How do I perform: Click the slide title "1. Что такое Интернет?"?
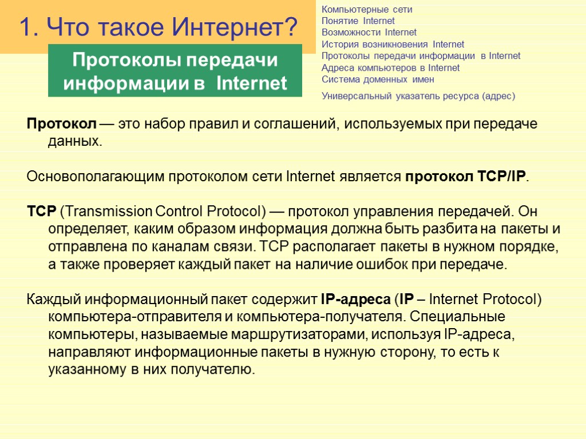tap(159, 26)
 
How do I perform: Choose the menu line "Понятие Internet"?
tap(358, 21)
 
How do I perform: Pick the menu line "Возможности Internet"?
tap(369, 33)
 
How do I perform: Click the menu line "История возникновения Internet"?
tap(393, 44)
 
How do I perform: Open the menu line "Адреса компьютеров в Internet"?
tap(390, 68)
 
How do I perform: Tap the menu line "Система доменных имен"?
tap(378, 79)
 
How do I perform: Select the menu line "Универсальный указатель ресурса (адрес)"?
tap(418, 96)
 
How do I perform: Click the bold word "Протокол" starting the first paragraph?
tap(62, 124)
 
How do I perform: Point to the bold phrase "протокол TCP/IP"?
tap(465, 177)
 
